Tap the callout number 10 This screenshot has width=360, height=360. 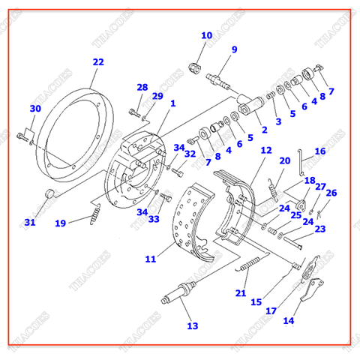[x=206, y=36]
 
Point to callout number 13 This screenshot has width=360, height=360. [x=193, y=325]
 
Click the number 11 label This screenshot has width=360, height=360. [x=150, y=259]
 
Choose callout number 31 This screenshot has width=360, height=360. [x=29, y=222]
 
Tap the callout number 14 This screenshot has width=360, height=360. [x=288, y=321]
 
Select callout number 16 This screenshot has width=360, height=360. [x=320, y=151]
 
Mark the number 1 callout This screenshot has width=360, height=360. [x=172, y=103]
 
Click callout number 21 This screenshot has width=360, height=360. [x=241, y=292]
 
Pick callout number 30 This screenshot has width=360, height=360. [x=34, y=109]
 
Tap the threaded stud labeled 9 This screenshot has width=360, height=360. [x=224, y=77]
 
